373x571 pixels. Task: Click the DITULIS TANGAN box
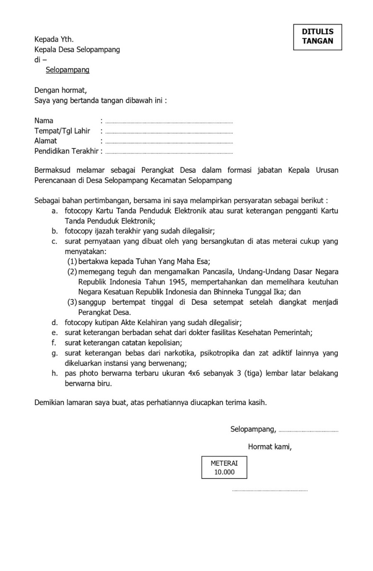point(317,36)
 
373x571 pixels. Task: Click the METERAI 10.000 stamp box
point(224,468)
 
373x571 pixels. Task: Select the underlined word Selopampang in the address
point(68,70)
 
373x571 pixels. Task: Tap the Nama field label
point(44,121)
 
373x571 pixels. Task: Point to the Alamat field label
point(46,141)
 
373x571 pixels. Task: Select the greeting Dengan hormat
point(61,90)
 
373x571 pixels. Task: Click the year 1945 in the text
point(177,282)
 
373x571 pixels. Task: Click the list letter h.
point(54,373)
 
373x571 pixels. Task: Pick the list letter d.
point(54,323)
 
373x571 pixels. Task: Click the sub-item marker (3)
point(72,302)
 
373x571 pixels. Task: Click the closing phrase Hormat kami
point(270,447)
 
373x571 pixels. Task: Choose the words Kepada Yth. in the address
point(54,39)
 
